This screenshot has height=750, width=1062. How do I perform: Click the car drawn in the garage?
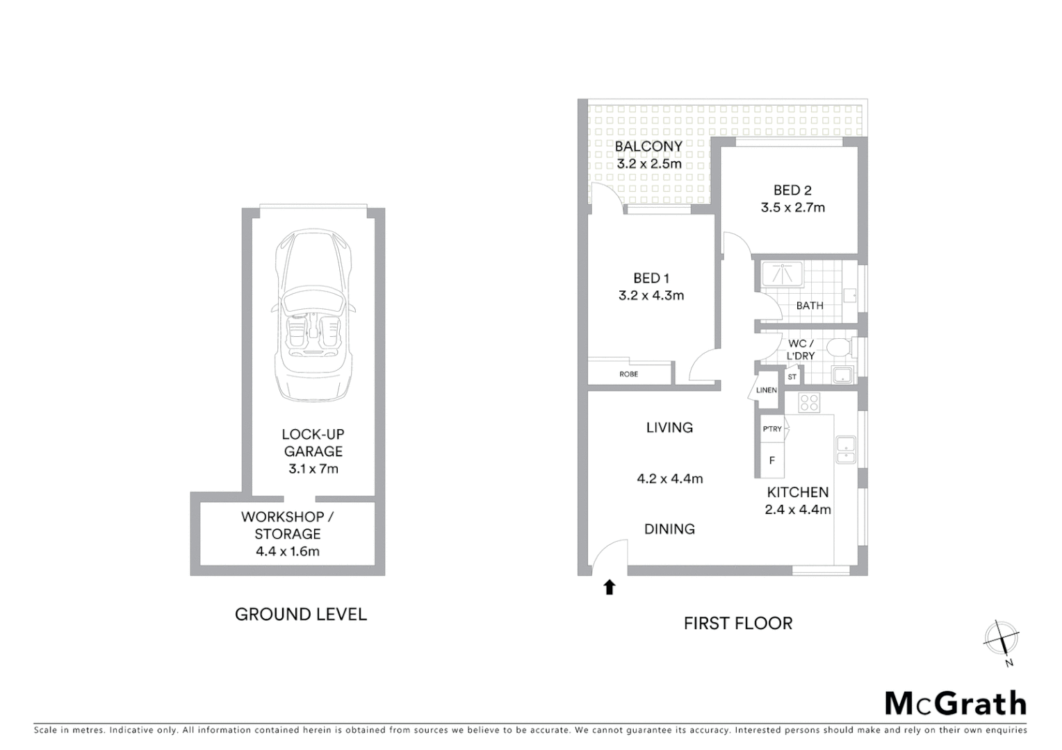[313, 316]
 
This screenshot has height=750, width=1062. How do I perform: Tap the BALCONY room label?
[648, 147]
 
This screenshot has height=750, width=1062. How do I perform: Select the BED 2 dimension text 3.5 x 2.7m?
[792, 208]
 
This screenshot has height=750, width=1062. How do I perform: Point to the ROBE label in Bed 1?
[628, 374]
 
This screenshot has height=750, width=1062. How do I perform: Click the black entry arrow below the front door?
[610, 587]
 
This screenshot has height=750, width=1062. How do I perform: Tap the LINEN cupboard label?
[766, 390]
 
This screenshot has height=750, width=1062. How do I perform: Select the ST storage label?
[792, 377]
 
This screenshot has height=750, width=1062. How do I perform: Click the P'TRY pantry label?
[772, 429]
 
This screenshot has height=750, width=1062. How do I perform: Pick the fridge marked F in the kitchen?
[771, 460]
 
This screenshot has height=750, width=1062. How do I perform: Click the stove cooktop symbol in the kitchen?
[809, 402]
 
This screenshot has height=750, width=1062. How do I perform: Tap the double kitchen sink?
[846, 449]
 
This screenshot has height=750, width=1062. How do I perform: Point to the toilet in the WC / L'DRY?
[839, 347]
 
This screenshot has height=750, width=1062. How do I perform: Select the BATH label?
[810, 306]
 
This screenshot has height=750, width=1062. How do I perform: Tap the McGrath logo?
[955, 703]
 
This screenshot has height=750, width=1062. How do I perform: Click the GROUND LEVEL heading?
[300, 615]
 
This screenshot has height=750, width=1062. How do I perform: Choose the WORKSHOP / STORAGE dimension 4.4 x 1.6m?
[287, 552]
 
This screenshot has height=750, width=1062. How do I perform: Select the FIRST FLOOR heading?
[737, 624]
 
